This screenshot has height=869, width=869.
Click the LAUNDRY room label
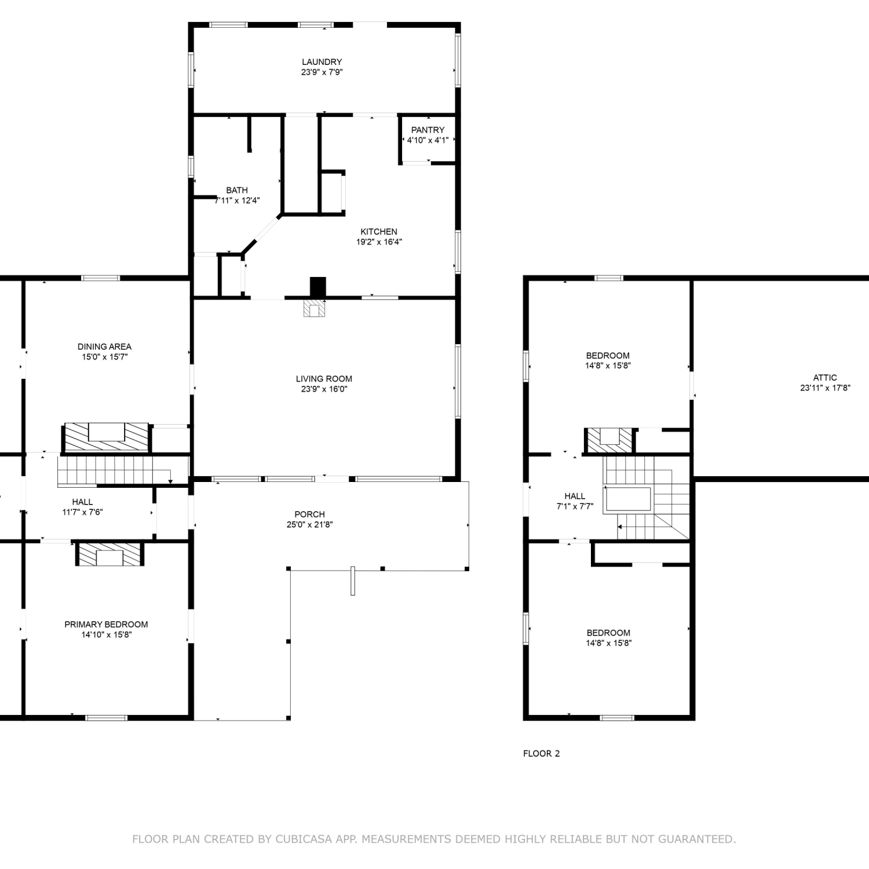click(322, 62)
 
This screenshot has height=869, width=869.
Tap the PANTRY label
click(428, 130)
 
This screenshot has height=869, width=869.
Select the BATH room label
click(237, 190)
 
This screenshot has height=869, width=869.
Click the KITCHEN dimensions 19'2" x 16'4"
click(379, 242)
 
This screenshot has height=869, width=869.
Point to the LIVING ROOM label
click(324, 379)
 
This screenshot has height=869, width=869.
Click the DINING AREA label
click(104, 346)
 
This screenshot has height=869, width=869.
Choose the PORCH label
click(309, 514)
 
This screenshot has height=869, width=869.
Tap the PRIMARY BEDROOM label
click(106, 625)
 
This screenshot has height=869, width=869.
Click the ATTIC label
click(825, 378)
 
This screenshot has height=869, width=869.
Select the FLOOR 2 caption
click(541, 754)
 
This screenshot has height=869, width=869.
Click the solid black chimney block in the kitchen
click(318, 287)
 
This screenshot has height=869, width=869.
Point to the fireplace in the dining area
click(106, 437)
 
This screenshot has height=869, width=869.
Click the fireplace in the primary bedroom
click(109, 554)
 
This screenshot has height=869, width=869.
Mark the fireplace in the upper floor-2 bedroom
click(609, 440)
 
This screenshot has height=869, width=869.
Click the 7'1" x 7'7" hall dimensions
click(575, 506)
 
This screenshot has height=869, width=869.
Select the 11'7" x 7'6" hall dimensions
click(82, 512)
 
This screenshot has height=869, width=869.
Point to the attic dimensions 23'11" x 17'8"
click(825, 388)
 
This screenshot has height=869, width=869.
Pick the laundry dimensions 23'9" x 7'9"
click(322, 72)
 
